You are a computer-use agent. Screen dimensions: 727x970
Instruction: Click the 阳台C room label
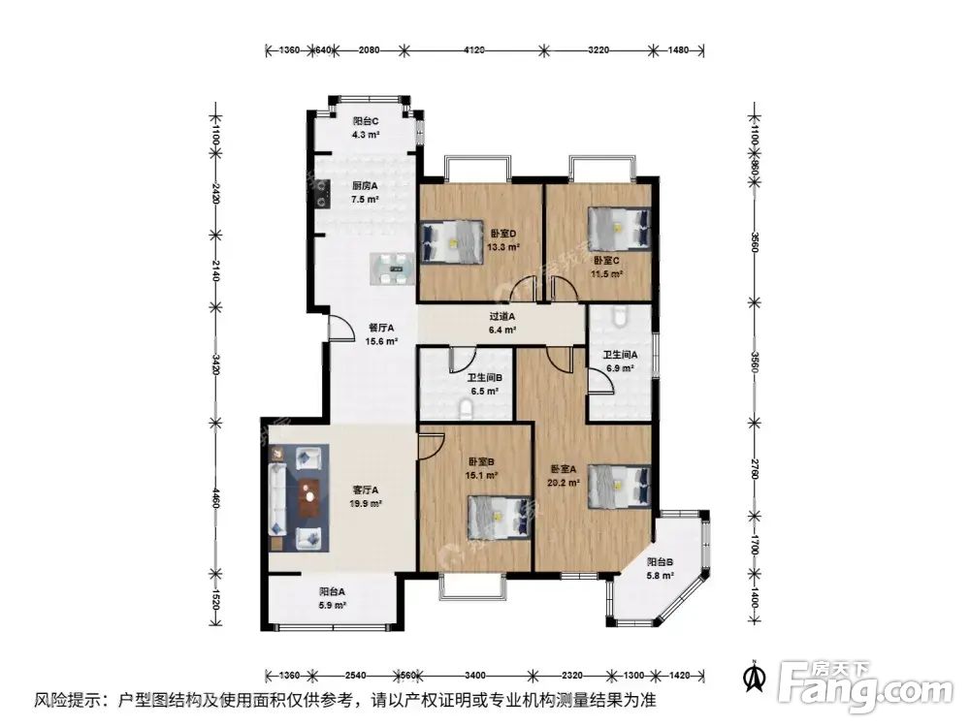(365, 121)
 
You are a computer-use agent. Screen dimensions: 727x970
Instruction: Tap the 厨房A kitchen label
(365, 186)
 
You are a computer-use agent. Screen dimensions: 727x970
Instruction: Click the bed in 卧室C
(618, 230)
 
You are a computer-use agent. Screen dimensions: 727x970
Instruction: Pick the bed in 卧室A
(618, 484)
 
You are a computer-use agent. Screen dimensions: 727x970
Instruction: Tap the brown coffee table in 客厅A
(309, 498)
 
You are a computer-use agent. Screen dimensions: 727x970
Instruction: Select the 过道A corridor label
(501, 316)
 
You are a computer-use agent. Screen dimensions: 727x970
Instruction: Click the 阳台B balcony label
(660, 562)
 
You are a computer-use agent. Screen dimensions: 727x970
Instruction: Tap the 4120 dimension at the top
(473, 49)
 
